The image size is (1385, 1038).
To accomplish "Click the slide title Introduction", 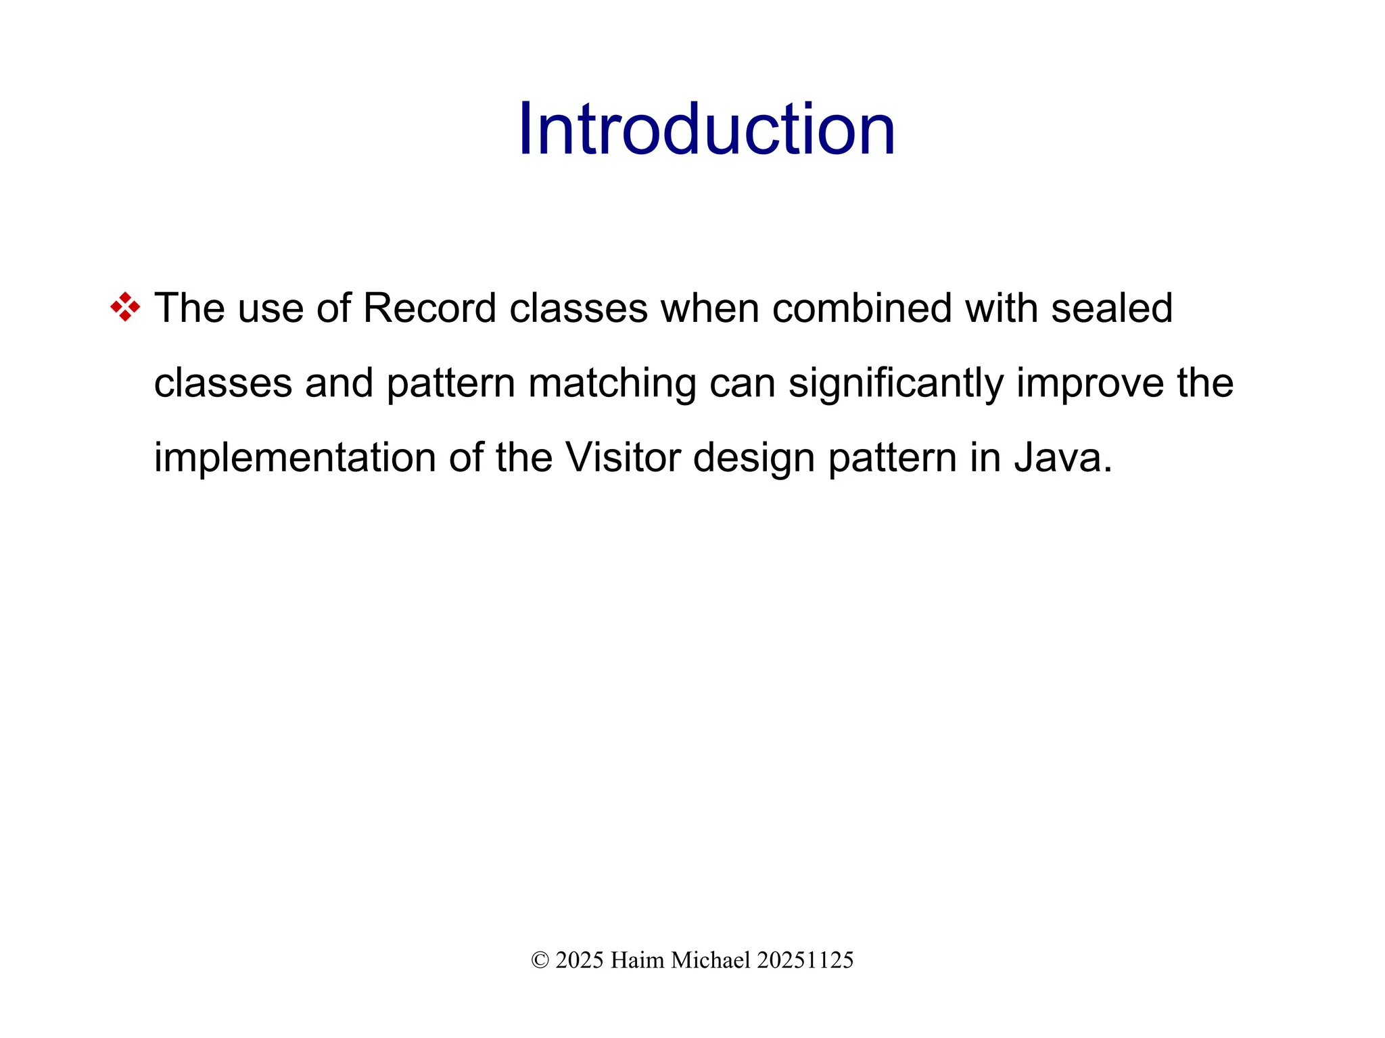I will point(706,129).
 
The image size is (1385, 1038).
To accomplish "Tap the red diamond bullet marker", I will point(125,307).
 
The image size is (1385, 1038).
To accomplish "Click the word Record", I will point(429,308).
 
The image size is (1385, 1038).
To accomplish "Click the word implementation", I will point(295,458).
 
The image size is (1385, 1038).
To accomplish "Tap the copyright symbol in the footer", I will point(540,960).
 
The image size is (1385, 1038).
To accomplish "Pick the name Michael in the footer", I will point(711,960).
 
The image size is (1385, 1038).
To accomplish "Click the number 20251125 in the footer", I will point(805,960).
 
